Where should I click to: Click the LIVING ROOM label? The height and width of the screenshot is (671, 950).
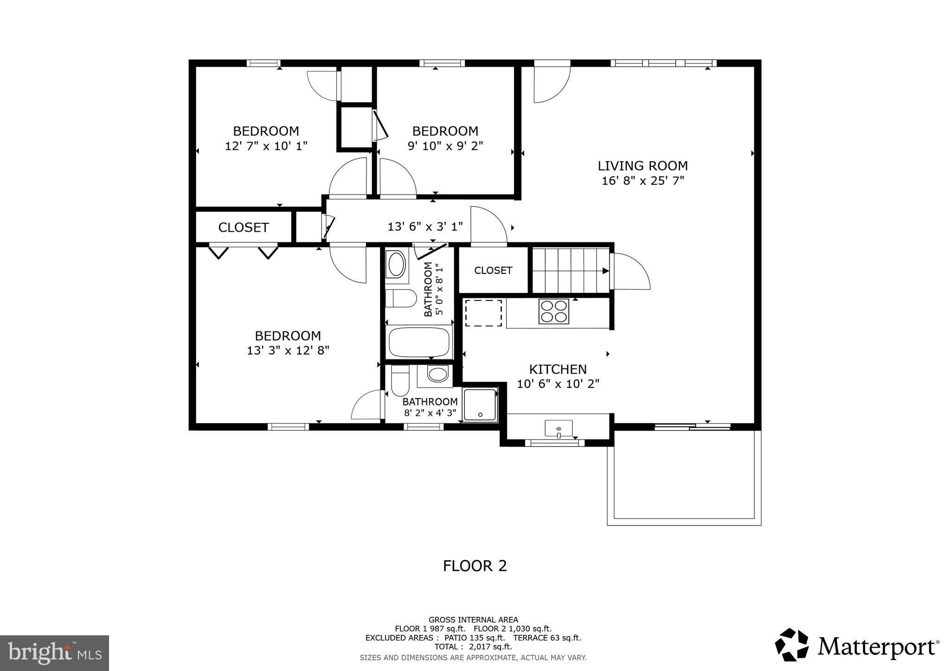(x=642, y=166)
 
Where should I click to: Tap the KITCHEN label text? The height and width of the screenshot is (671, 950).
(x=558, y=369)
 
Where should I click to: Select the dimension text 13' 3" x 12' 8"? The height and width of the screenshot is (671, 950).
(x=288, y=350)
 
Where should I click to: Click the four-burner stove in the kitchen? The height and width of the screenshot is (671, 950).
(x=553, y=311)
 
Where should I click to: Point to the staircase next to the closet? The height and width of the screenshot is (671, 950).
(x=570, y=271)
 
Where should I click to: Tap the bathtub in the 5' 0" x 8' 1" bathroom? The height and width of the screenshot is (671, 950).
(x=419, y=342)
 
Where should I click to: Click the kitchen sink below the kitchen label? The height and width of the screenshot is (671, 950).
(x=558, y=428)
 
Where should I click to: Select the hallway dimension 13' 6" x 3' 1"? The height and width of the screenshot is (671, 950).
(x=425, y=227)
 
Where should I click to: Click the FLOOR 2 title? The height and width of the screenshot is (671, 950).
(x=475, y=566)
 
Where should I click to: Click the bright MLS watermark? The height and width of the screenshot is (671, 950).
(x=54, y=653)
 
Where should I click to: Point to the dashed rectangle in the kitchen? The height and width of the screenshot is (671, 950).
(x=483, y=313)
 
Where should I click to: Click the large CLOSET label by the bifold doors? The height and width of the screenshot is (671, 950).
(x=243, y=228)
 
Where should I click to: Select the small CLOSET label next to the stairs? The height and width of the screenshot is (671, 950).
(x=493, y=270)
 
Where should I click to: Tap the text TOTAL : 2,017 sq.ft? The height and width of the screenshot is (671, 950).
(x=473, y=646)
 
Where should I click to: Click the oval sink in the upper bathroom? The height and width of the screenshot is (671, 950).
(x=397, y=265)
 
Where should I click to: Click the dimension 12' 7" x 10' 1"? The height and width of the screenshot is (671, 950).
(x=266, y=146)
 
